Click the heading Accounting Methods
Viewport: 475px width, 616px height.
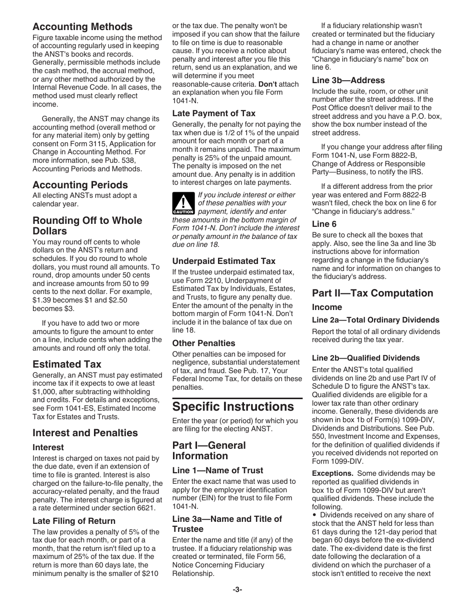82,27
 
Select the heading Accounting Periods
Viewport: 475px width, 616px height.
80,185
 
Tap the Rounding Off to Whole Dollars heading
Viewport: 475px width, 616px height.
87,225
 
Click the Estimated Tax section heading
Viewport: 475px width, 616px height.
66,364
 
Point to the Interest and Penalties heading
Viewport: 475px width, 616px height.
84,433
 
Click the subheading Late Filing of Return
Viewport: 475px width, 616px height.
73,521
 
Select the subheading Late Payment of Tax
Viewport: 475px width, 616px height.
213,113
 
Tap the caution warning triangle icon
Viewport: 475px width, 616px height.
183,203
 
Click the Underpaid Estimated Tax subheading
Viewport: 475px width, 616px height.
223,261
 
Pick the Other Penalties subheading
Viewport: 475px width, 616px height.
203,343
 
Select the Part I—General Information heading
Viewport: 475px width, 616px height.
209,450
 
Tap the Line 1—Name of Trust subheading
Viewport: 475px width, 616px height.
217,470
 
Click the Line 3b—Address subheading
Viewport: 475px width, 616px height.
348,80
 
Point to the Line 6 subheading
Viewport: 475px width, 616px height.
324,224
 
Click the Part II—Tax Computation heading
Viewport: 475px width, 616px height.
372,293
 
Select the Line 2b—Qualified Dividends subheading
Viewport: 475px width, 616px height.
365,358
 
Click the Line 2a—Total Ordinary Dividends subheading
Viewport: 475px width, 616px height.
375,320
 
